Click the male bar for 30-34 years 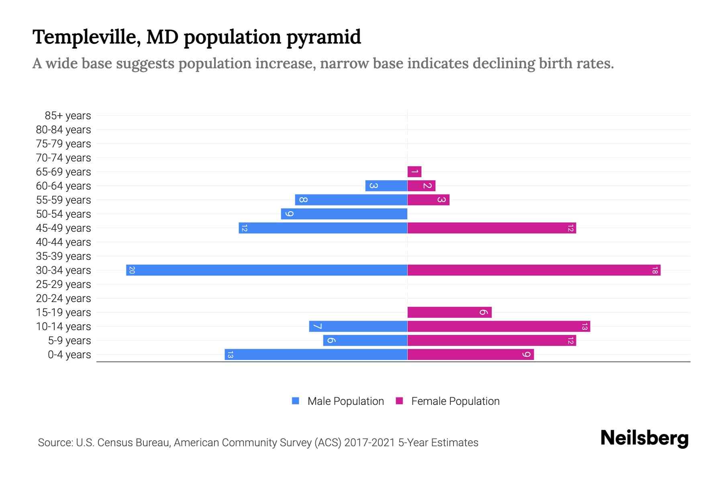point(267,270)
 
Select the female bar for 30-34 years point(534,270)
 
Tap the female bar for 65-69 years point(415,172)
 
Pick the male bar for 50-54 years point(344,214)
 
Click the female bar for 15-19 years point(449,312)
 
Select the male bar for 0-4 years point(316,355)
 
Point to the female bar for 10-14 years point(499,327)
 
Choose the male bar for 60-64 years point(386,186)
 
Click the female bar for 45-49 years point(492,228)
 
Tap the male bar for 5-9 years point(365,341)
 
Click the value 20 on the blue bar point(132,270)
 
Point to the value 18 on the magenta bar point(655,270)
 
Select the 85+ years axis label point(67,116)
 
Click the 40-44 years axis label point(63,242)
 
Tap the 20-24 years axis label point(63,298)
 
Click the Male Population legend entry point(345,401)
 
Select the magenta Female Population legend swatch point(399,401)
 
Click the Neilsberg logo point(644,438)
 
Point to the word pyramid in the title point(323,37)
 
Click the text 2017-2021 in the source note point(370,443)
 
